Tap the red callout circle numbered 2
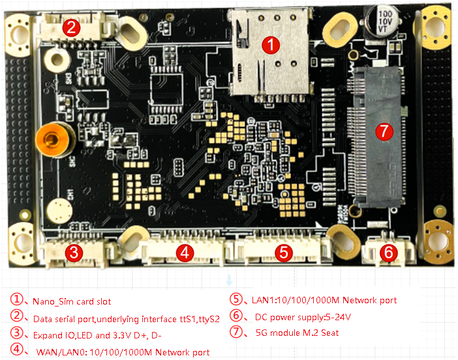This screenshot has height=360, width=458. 72,27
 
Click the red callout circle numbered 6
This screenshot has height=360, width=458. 388,252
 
